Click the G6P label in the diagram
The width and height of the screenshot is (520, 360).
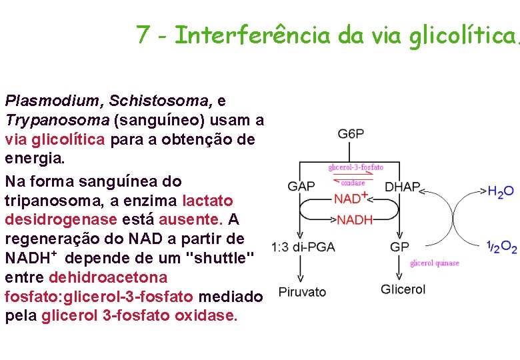tap(351, 134)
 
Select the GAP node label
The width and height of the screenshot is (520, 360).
tap(301, 187)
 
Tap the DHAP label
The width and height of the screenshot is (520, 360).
tap(403, 187)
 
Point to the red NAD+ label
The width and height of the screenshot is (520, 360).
tap(351, 199)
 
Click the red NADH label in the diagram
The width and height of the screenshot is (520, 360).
tap(355, 219)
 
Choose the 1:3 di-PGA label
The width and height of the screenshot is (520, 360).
tap(303, 247)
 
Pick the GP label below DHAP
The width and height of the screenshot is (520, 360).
tap(399, 247)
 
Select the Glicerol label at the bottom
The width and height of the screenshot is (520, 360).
tap(403, 289)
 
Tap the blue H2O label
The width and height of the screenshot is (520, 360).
tap(501, 192)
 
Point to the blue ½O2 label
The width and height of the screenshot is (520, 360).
tap(501, 247)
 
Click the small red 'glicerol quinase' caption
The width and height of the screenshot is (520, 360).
tap(435, 263)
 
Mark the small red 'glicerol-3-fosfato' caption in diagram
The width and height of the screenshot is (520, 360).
tap(355, 167)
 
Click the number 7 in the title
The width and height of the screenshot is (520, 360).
tap(142, 35)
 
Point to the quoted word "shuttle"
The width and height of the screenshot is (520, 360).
tap(220, 257)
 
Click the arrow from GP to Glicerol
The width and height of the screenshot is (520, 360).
tap(399, 269)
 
